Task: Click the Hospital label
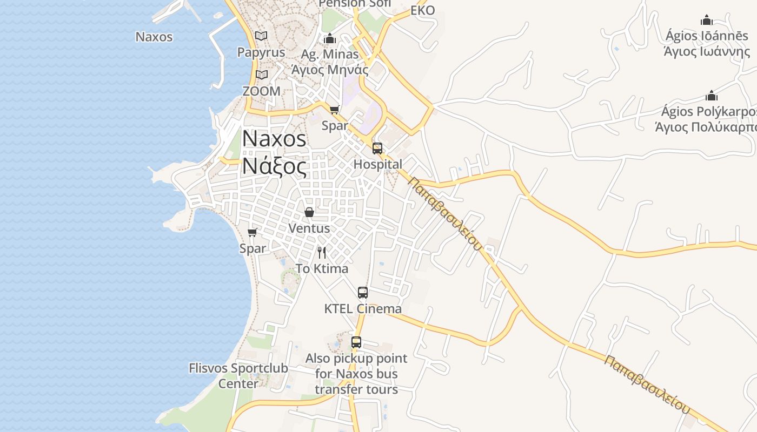click(377, 164)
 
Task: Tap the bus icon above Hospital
click(377, 148)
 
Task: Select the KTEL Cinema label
click(363, 309)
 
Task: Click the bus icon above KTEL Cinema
click(363, 293)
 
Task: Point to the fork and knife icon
click(322, 252)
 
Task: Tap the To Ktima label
click(322, 268)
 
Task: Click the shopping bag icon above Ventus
click(309, 212)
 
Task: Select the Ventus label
click(309, 228)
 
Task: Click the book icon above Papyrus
click(261, 36)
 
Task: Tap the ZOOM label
click(261, 91)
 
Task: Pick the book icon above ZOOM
click(262, 75)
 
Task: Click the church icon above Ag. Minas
click(330, 38)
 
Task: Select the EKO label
click(422, 10)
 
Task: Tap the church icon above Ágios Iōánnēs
click(707, 21)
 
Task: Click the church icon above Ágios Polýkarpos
click(712, 96)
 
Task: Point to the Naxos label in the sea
click(154, 37)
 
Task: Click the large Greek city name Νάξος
click(274, 165)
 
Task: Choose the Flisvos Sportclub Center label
click(238, 376)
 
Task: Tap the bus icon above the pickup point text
click(356, 342)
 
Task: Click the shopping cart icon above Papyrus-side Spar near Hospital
click(335, 110)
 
